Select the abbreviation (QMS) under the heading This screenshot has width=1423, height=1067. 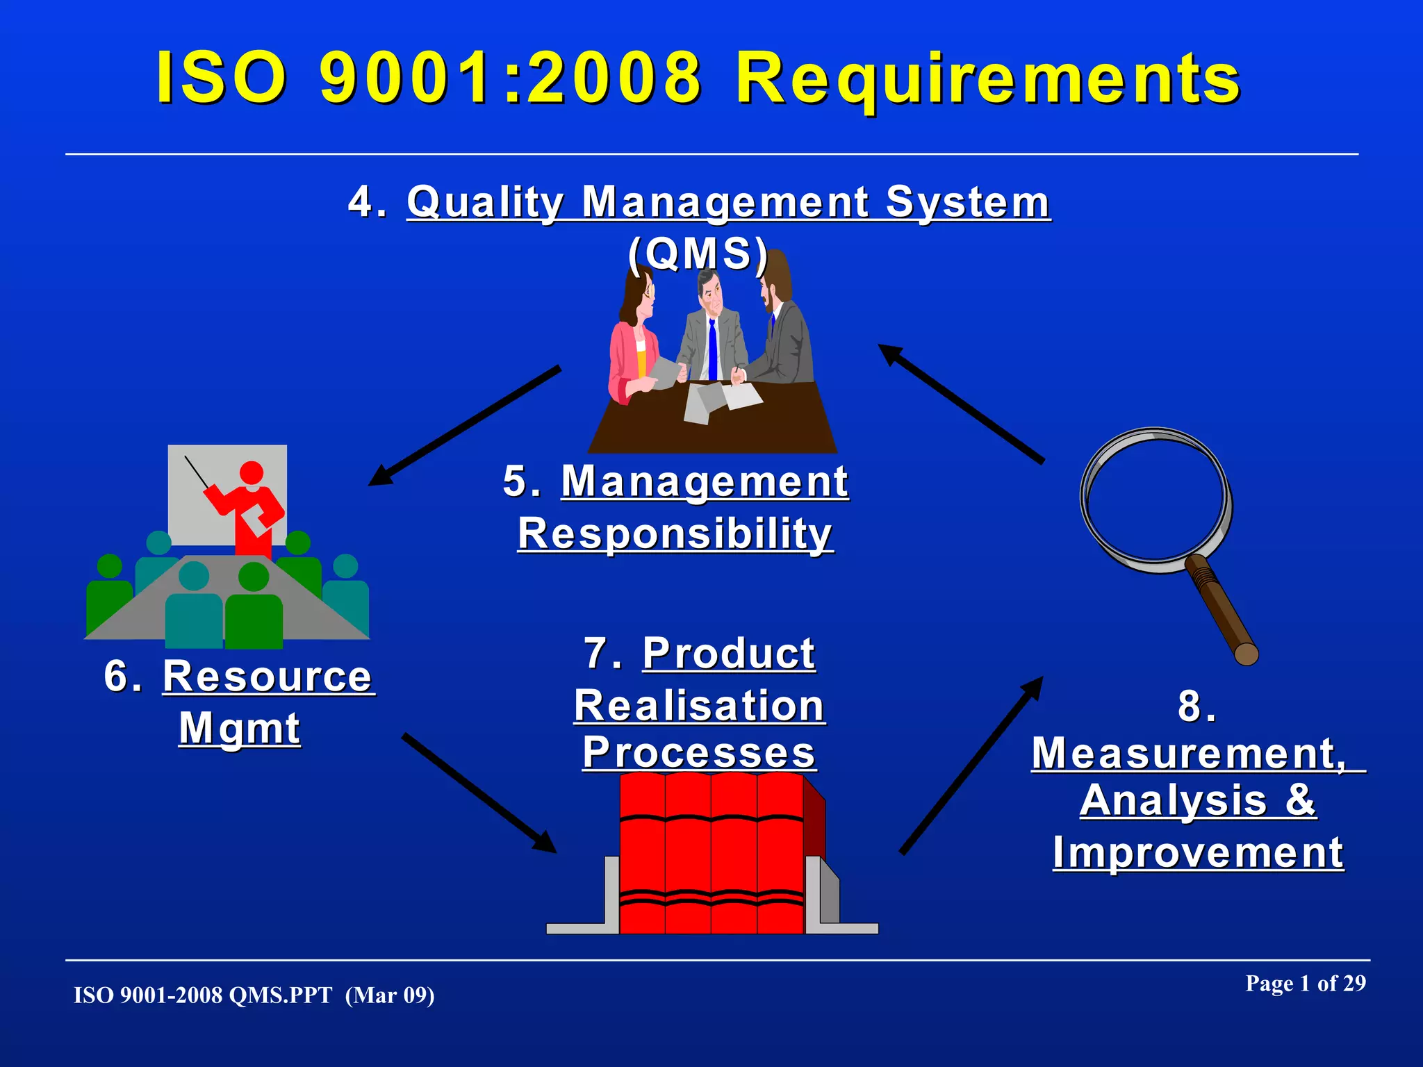click(x=698, y=253)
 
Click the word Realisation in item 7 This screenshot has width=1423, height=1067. click(x=699, y=706)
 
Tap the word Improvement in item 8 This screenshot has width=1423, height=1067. click(x=1198, y=852)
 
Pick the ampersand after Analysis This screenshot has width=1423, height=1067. click(x=1300, y=800)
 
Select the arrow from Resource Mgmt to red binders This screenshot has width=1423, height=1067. click(x=479, y=793)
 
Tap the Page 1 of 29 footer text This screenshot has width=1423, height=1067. click(x=1305, y=984)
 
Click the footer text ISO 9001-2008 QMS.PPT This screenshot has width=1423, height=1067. click(x=203, y=995)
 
